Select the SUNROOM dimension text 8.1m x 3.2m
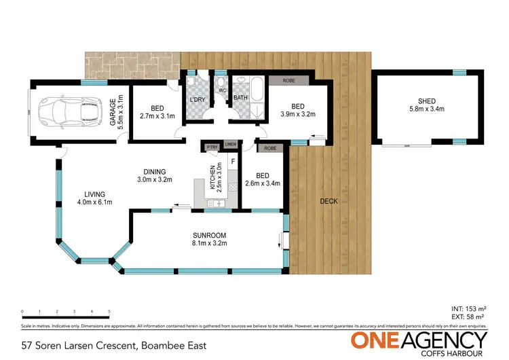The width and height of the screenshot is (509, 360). (x=208, y=242)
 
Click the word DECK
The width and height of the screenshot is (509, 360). (x=328, y=202)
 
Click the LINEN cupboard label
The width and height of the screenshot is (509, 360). (x=230, y=145)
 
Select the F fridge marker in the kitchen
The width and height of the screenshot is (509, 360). (x=233, y=162)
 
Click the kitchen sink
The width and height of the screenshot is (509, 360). (x=220, y=202)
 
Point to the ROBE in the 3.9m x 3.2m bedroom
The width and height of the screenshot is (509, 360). (x=284, y=79)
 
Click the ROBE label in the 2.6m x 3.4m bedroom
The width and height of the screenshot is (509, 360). (x=270, y=147)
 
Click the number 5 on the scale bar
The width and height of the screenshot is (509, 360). (x=109, y=312)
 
